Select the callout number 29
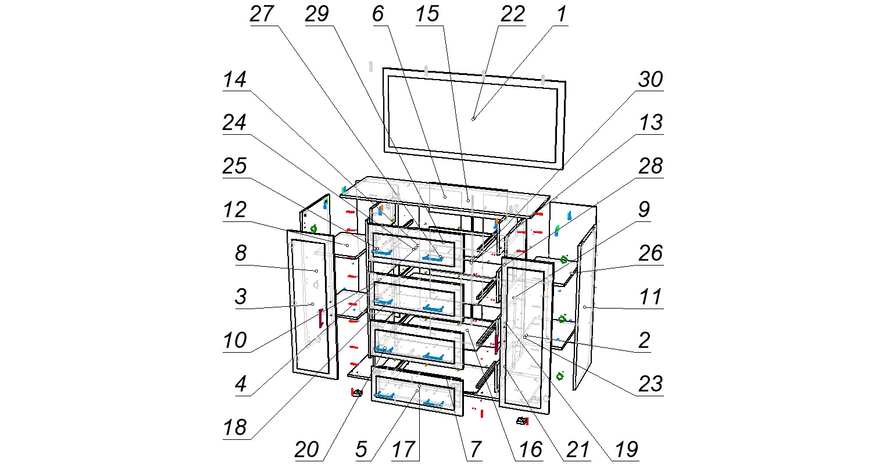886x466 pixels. click(317, 15)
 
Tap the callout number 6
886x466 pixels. click(378, 15)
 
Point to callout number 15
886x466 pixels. click(427, 15)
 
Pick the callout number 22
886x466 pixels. click(512, 15)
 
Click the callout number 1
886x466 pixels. click(561, 15)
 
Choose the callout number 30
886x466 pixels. click(651, 80)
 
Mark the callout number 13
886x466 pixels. click(651, 123)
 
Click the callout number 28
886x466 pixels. click(651, 166)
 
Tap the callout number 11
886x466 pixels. click(651, 297)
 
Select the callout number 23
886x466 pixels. click(651, 384)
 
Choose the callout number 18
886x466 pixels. click(235, 428)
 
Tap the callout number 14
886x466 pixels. click(235, 80)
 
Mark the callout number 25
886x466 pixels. click(235, 166)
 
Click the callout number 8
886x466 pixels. click(235, 253)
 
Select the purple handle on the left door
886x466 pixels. click(320, 318)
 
